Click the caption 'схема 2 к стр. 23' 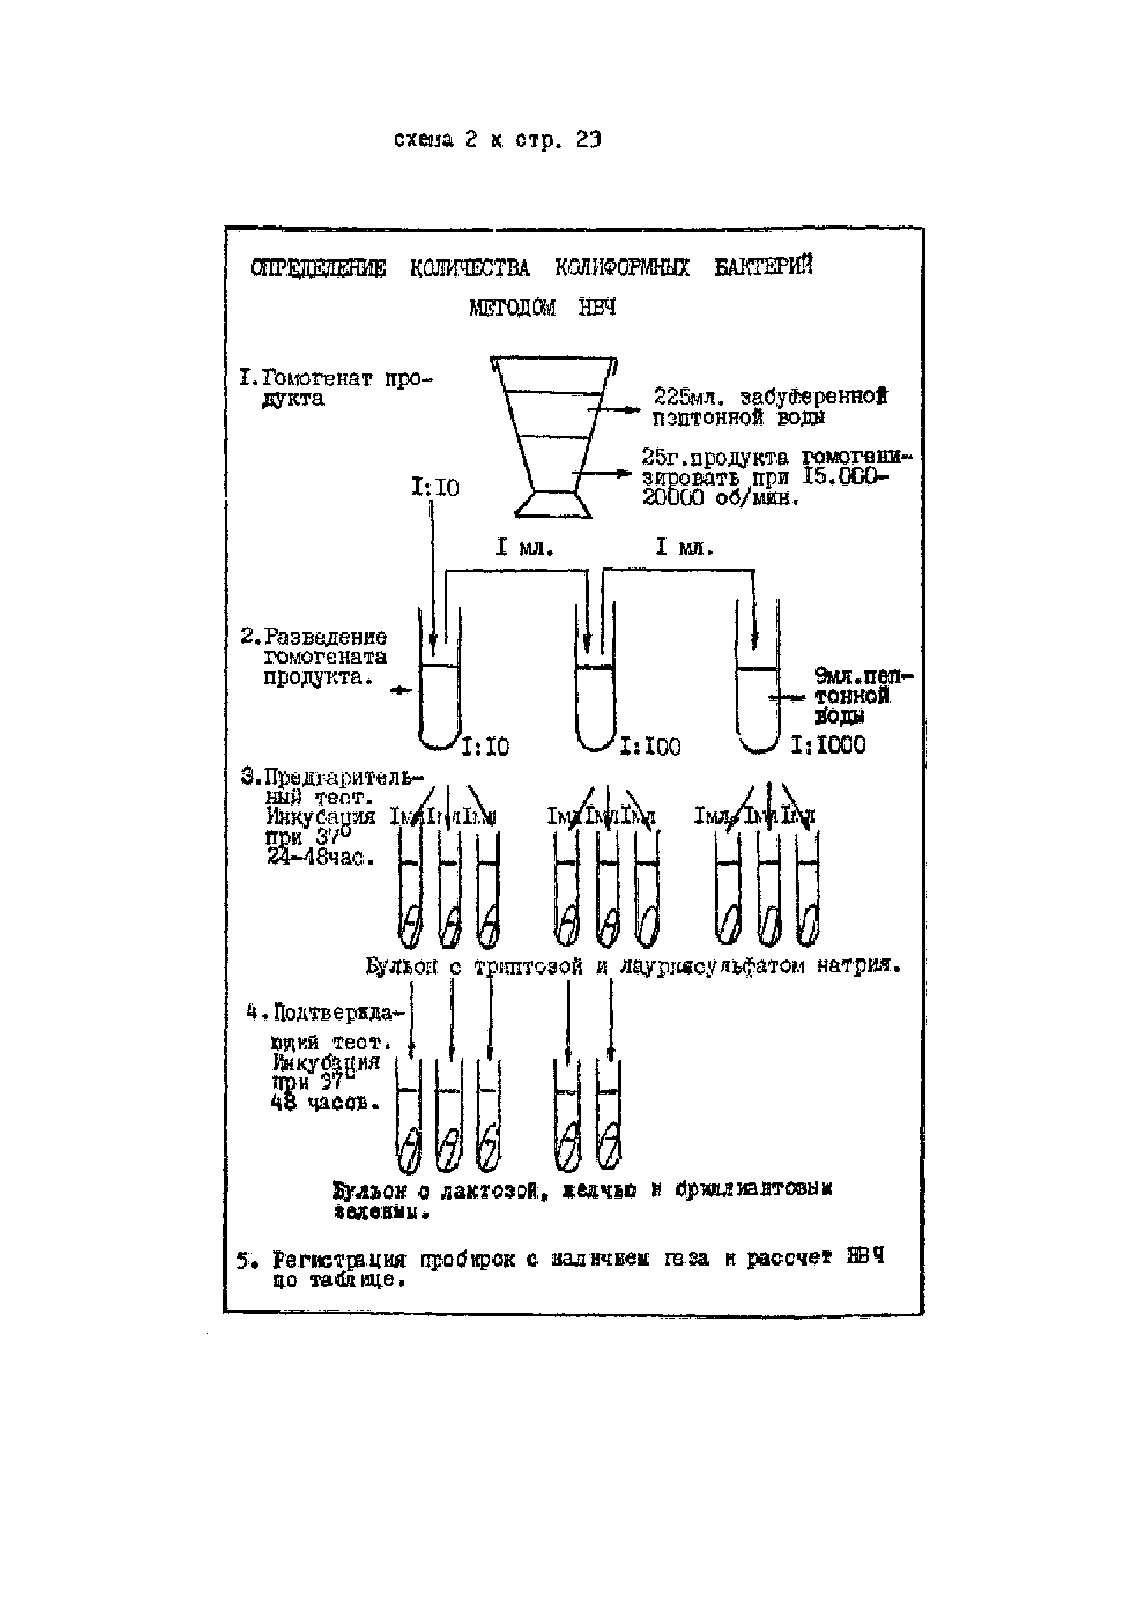click(497, 140)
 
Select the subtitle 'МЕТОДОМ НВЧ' click(542, 307)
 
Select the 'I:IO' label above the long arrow click(435, 487)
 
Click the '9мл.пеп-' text click(864, 676)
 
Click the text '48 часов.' click(325, 1103)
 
